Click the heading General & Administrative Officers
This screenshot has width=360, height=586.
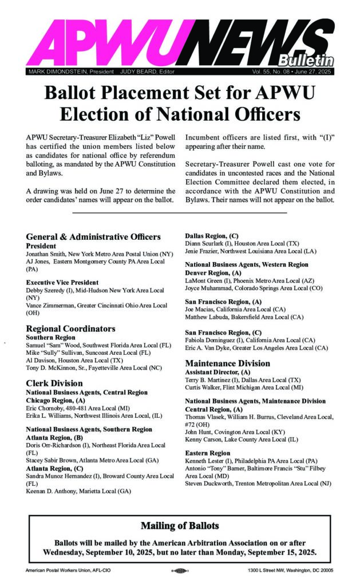coord(93,236)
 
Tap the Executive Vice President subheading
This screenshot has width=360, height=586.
coord(62,282)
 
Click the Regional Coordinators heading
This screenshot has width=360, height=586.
coord(70,328)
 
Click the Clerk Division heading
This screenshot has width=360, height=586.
coord(54,383)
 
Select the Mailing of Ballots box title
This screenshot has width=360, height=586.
coord(180,525)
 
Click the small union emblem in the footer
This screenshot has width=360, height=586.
coord(180,571)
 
